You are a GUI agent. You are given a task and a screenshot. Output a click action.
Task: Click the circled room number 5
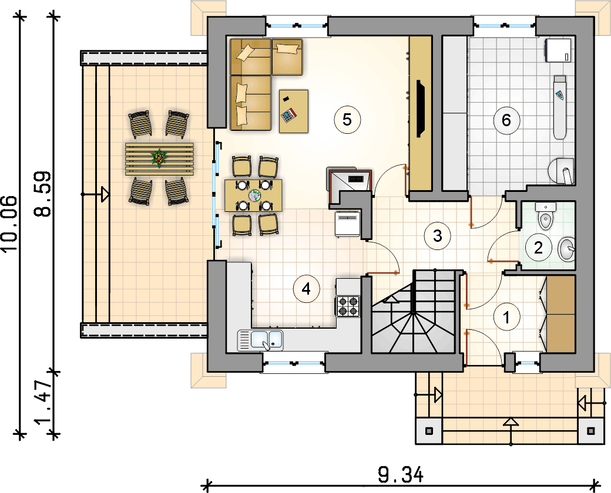tap(347, 120)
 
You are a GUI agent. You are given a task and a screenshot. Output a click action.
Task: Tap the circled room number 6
tap(506, 120)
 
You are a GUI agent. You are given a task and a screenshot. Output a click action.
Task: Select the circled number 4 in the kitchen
tap(306, 289)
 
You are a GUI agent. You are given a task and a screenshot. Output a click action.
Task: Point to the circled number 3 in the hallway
tap(438, 235)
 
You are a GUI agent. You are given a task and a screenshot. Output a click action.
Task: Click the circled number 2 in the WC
tap(539, 247)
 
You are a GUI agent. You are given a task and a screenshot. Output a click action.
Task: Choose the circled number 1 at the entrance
tap(506, 318)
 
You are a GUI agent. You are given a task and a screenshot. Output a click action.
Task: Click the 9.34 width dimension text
tap(401, 475)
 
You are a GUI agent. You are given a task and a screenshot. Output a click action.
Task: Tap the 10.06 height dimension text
tap(10, 224)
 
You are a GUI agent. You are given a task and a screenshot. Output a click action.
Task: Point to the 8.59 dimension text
tap(43, 194)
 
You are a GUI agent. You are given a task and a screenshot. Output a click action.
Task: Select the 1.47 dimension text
tap(43, 403)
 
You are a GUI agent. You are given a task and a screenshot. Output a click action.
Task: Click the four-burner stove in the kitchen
tap(348, 306)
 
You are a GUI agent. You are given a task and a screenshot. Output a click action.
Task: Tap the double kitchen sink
tap(260, 340)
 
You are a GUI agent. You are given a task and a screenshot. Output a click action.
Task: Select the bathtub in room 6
tap(560, 107)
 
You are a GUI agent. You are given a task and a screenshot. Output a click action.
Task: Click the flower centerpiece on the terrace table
tap(159, 158)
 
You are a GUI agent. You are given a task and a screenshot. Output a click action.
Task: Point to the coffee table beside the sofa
tap(294, 112)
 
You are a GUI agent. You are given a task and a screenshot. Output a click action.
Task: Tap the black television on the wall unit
tap(421, 108)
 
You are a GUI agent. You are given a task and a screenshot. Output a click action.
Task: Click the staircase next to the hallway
tap(413, 312)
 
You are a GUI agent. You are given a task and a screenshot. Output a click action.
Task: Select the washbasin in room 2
tap(566, 249)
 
